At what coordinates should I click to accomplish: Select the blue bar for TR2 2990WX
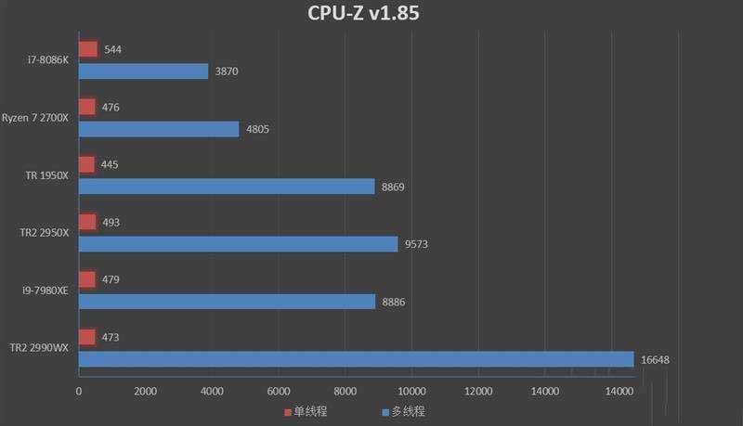[x=356, y=359]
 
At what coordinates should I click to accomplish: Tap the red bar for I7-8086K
[x=88, y=49]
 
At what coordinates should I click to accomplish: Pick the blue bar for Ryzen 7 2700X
[x=159, y=129]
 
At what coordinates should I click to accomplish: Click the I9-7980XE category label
[x=45, y=290]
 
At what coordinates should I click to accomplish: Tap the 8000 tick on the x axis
[x=345, y=392]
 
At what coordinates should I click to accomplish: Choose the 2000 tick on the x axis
[x=145, y=392]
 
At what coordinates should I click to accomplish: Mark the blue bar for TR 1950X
[x=227, y=187]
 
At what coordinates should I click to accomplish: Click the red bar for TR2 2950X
[x=88, y=222]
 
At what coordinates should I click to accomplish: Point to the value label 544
[x=114, y=49]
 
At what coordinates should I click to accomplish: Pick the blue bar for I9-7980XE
[x=227, y=302]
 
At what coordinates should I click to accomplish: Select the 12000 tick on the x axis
[x=478, y=392]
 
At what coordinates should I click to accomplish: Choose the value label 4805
[x=257, y=129]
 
